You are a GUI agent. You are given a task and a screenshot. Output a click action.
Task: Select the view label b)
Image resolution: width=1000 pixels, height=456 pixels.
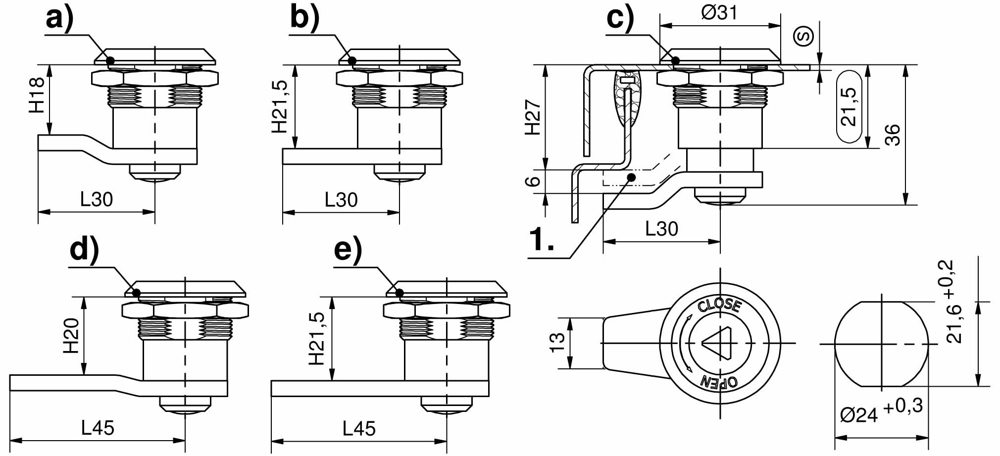[304, 19]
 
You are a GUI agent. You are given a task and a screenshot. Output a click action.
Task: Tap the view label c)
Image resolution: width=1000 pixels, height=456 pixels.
[620, 19]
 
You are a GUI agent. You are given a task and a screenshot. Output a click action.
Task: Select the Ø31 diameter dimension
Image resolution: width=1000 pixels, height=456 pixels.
[719, 12]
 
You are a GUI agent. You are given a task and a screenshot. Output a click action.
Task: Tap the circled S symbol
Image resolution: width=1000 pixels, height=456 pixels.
[803, 36]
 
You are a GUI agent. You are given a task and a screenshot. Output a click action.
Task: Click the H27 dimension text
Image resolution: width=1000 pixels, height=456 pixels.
[533, 117]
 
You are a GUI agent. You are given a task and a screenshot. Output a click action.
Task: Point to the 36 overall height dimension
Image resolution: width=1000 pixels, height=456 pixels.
[892, 134]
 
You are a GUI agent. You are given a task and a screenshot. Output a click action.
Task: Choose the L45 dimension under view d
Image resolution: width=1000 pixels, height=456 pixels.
[98, 428]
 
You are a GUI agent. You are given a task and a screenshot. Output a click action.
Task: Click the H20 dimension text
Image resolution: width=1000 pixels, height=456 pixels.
[71, 335]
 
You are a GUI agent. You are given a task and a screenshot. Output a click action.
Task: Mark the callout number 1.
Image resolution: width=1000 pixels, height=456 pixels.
[542, 240]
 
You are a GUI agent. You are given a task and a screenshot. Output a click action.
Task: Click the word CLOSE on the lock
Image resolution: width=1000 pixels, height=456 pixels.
[719, 305]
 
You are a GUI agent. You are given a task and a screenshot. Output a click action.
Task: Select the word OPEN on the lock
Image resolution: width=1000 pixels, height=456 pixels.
[719, 381]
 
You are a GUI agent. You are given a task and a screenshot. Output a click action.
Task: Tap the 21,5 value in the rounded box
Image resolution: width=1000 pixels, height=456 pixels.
[849, 106]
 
